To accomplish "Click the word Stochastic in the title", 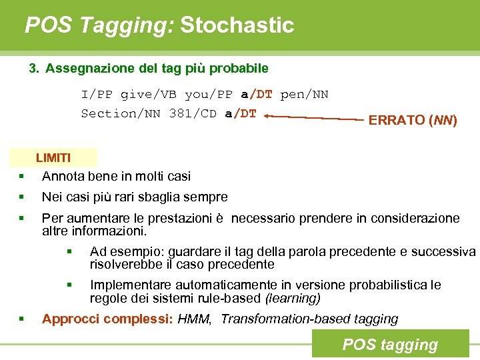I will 237,25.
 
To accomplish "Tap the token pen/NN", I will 304,95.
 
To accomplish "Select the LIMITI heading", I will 53,158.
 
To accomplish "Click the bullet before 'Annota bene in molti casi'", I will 22,177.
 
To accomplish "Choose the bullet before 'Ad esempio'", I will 69,252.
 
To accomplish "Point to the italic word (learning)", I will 293,298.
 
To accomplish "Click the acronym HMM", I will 195,319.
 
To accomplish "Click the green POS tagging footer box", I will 390,345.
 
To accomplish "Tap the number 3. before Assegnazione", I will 35,69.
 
